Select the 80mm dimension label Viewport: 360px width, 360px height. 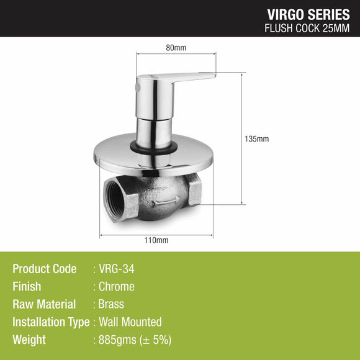176,47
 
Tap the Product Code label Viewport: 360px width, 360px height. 44,269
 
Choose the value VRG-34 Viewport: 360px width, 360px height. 117,269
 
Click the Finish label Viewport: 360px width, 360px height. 27,287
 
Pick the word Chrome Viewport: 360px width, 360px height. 117,287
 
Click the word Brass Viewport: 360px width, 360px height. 112,304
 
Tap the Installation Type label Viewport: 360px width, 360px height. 51,322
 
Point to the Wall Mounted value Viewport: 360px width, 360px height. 130,322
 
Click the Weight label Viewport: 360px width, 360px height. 29,340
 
